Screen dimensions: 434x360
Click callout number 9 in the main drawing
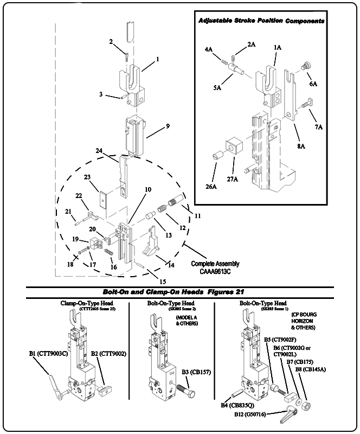click(x=168, y=126)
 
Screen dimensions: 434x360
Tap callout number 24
click(x=114, y=150)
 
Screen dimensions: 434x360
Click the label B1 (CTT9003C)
click(x=49, y=354)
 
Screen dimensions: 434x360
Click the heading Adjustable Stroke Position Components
click(x=261, y=21)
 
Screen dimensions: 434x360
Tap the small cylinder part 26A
click(x=217, y=157)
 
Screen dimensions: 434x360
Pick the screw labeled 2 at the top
click(x=125, y=55)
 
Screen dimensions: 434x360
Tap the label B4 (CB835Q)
click(x=237, y=405)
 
